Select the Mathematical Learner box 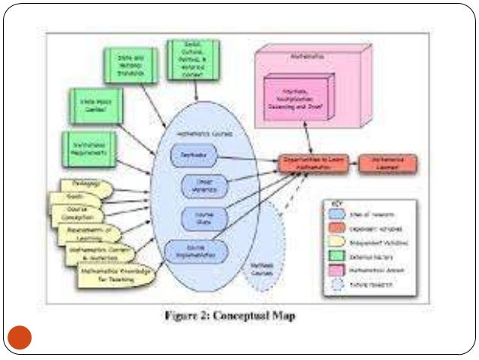tap(387, 162)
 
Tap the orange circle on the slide tap(21, 337)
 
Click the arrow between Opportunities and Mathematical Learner tap(352, 162)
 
